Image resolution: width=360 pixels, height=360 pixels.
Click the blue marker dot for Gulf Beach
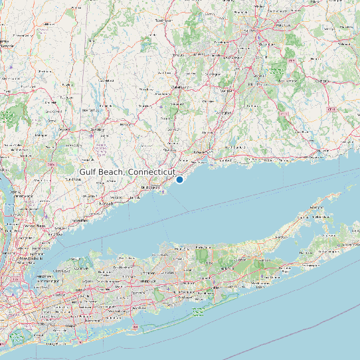179,179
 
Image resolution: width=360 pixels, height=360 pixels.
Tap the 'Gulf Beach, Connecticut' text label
126,172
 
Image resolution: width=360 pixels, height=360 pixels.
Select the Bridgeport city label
153,188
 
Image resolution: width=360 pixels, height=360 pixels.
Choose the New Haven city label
199,152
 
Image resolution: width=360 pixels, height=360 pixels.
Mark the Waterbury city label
180,86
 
